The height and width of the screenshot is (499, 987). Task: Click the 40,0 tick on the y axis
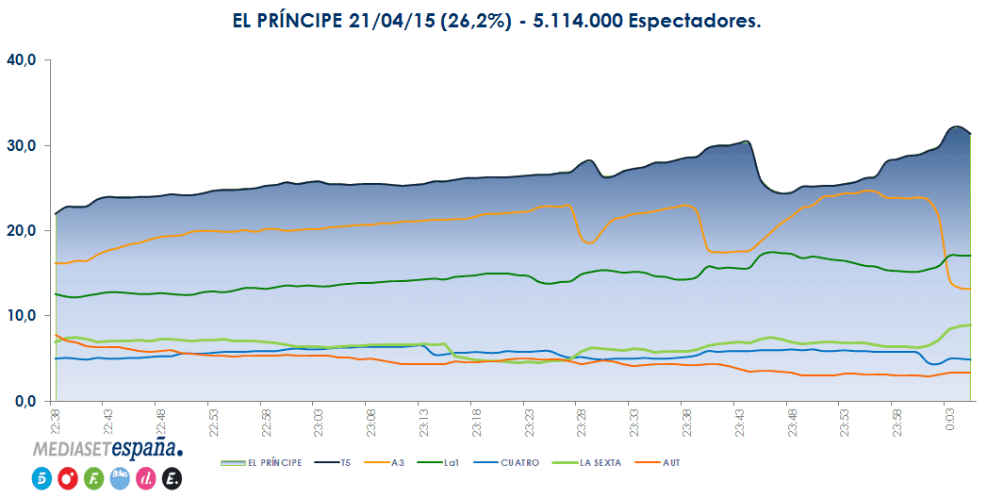pyautogui.click(x=21, y=59)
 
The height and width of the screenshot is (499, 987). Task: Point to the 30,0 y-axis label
pyautogui.click(x=21, y=145)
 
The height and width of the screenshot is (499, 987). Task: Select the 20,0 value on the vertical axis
pyautogui.click(x=21, y=230)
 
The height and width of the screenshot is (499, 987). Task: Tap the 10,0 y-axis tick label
pyautogui.click(x=21, y=316)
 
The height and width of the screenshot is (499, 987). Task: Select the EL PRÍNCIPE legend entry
pyautogui.click(x=266, y=462)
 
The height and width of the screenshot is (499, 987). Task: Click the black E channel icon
pyautogui.click(x=172, y=478)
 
